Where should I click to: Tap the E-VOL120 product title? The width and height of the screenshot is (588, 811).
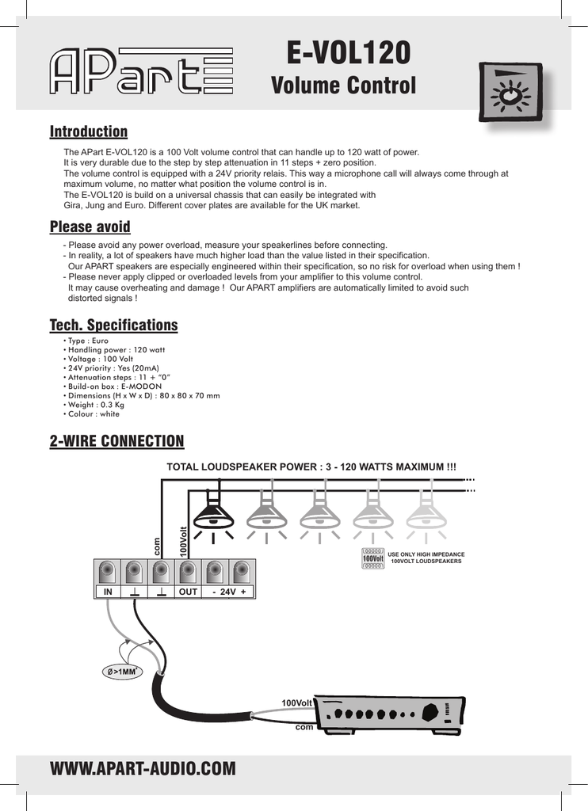[x=348, y=53]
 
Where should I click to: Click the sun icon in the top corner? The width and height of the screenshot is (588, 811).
[x=510, y=93]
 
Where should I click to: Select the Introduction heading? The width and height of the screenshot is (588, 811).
[x=88, y=131]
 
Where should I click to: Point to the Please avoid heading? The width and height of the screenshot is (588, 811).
[x=90, y=228]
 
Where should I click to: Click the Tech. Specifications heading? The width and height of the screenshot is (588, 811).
[x=113, y=326]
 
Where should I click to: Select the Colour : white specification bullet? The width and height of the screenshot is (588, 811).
[x=93, y=414]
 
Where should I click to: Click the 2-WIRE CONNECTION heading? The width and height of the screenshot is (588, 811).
[x=116, y=441]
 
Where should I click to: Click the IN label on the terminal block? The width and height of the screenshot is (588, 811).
[x=107, y=592]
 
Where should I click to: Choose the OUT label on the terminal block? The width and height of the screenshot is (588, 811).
[x=188, y=592]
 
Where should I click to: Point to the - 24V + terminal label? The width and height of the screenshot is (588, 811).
[x=229, y=592]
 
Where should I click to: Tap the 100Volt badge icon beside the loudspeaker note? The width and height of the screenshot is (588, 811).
[x=372, y=558]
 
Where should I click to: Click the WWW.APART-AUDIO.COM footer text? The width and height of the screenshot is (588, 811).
[x=143, y=769]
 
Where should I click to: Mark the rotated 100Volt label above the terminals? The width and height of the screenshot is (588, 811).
[x=183, y=540]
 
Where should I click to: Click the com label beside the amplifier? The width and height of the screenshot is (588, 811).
[x=304, y=726]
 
